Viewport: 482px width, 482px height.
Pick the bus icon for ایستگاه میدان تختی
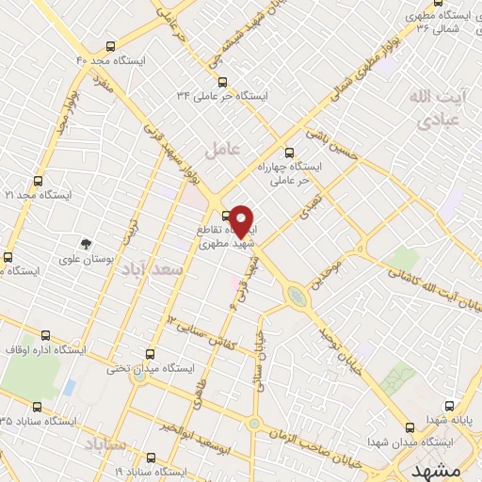pyautogui.click(x=150, y=354)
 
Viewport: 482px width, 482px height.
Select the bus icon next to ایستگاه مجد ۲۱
pyautogui.click(x=39, y=180)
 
